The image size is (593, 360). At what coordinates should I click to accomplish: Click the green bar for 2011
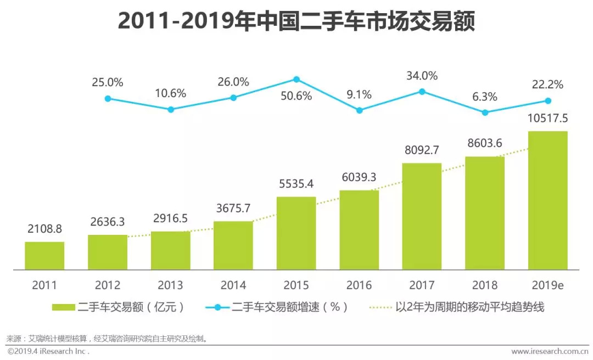[44, 256]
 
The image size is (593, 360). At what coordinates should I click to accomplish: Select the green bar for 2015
[296, 233]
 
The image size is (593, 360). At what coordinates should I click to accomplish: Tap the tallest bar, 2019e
[547, 200]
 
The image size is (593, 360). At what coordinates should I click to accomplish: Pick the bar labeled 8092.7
[422, 216]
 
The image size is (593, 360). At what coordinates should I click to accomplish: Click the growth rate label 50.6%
[296, 96]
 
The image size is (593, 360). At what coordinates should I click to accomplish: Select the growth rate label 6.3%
[484, 97]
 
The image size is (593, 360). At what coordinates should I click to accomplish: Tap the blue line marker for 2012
[108, 99]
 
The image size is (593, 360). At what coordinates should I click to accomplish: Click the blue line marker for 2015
[296, 79]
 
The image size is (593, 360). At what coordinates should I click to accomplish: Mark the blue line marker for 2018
[485, 113]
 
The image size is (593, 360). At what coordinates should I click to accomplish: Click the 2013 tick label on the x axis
[170, 285]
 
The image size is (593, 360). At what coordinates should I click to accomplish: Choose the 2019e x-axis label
[547, 285]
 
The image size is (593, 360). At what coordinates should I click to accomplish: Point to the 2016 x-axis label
[359, 285]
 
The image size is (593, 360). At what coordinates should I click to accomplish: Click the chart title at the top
[296, 22]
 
